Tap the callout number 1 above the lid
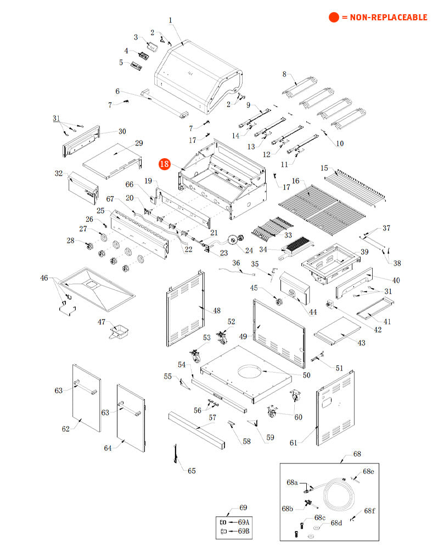pyautogui.click(x=170, y=21)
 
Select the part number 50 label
pyautogui.click(x=306, y=375)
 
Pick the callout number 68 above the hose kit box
pyautogui.click(x=357, y=454)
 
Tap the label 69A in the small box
pyautogui.click(x=243, y=522)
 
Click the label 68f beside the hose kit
pyautogui.click(x=370, y=511)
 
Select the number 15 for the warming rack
pyautogui.click(x=324, y=168)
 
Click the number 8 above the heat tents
pyautogui.click(x=284, y=74)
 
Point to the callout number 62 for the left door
pyautogui.click(x=66, y=429)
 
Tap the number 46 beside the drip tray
pyautogui.click(x=44, y=278)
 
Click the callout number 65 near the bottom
pyautogui.click(x=192, y=471)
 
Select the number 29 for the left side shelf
pyautogui.click(x=139, y=143)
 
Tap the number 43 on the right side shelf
pyautogui.click(x=361, y=343)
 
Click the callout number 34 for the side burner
pyautogui.click(x=263, y=249)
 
